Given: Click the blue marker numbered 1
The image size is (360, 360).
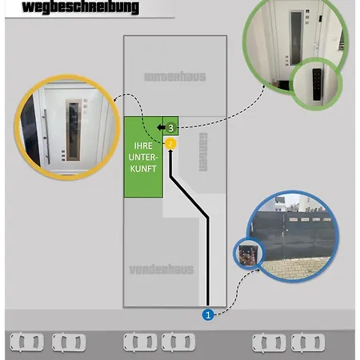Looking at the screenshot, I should pyautogui.click(x=208, y=314).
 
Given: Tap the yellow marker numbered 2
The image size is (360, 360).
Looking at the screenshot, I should pyautogui.click(x=170, y=143).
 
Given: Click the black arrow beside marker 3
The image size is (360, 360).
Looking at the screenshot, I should pyautogui.click(x=161, y=128).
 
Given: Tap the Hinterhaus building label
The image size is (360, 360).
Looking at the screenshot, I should pyautogui.click(x=174, y=77).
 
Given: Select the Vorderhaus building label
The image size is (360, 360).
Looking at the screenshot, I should pyautogui.click(x=162, y=269).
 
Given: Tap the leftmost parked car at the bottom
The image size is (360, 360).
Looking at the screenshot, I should pyautogui.click(x=26, y=342).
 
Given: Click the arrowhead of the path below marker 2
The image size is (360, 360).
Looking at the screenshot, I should pyautogui.click(x=170, y=151).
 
